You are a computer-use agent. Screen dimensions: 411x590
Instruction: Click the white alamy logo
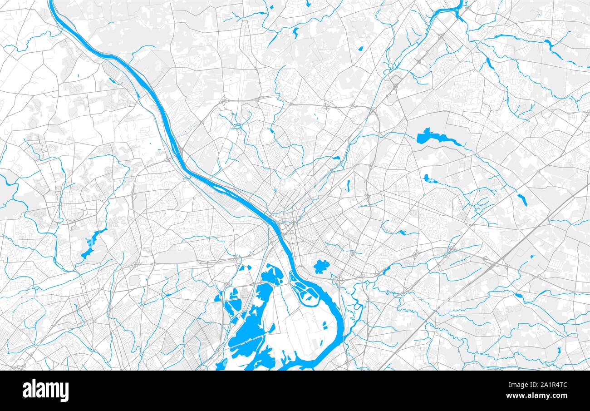[x=45, y=391]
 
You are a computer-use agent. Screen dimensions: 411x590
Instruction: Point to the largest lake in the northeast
[x=429, y=137]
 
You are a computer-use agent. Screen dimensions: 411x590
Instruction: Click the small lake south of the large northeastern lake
[x=428, y=179]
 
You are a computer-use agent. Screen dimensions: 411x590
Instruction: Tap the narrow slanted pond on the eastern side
[x=521, y=199]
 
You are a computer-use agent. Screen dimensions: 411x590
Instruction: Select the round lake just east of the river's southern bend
[x=321, y=266]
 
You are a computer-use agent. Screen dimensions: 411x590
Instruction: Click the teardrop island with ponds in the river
[x=303, y=291]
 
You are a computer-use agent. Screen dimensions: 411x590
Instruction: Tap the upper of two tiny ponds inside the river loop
[x=324, y=323]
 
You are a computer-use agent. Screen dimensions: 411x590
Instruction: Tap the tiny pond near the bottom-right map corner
[x=559, y=350]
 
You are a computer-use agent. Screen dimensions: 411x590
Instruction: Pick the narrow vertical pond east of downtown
[x=348, y=186]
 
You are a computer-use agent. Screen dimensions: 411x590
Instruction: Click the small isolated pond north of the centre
[x=296, y=32]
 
